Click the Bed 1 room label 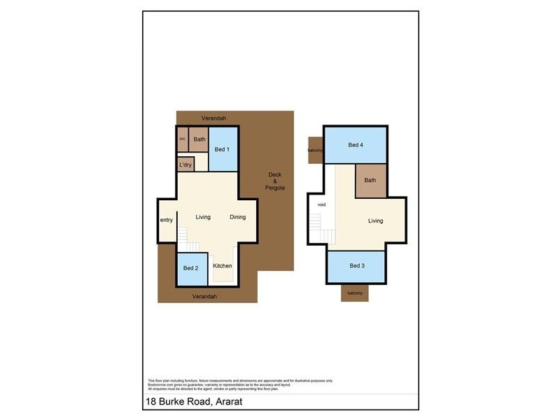coord(222,149)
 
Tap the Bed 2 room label coord(191,268)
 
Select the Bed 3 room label coord(357,266)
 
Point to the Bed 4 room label coord(356,146)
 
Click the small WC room coord(182,139)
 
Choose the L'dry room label coord(185,165)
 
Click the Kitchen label coord(223,266)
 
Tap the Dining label coord(238,217)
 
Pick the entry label coord(167,220)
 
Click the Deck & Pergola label coord(274,181)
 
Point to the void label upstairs coord(322,205)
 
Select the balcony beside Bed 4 coord(315,150)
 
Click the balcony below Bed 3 coord(355,293)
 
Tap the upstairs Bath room coord(370,181)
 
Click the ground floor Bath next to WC coord(199,139)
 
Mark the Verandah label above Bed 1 coord(213,118)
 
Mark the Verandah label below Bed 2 coord(204,297)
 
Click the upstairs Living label coord(376,221)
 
